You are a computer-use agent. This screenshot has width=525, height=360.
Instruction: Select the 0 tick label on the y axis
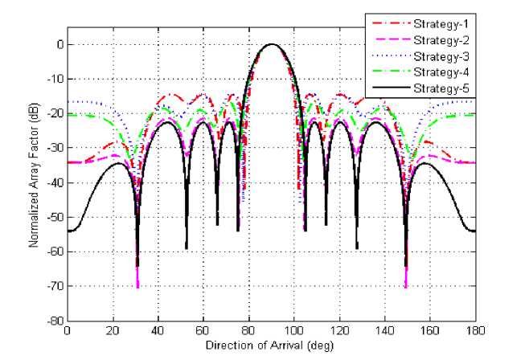pyautogui.click(x=59, y=45)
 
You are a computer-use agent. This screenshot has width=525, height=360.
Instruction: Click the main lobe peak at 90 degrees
pyautogui.click(x=272, y=44)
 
